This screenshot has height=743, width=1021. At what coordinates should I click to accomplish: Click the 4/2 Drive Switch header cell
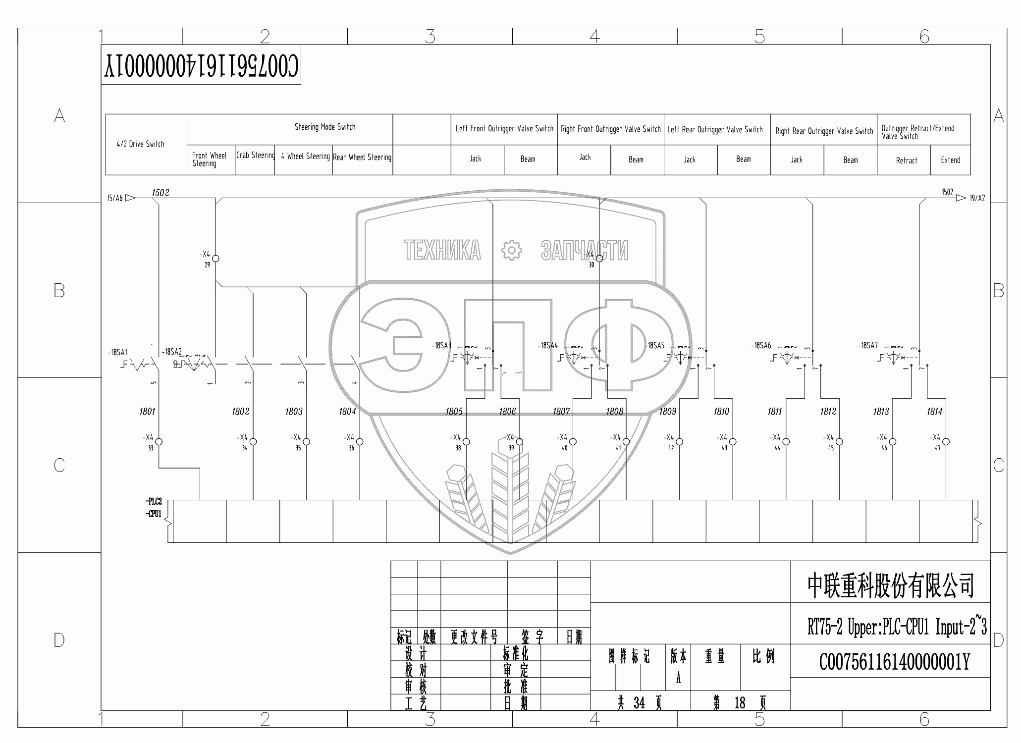click(141, 144)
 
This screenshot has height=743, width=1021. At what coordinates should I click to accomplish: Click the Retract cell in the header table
click(906, 160)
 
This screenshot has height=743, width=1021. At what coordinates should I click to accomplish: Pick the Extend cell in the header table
click(950, 160)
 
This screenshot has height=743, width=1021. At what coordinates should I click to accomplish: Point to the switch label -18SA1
click(118, 353)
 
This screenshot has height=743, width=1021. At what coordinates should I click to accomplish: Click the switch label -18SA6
click(761, 346)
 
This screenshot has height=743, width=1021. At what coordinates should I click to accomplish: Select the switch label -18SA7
click(867, 346)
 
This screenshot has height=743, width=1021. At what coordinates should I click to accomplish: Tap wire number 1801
click(147, 411)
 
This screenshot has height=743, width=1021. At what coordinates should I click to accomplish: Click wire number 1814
click(934, 411)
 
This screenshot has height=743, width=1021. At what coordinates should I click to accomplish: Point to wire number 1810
click(721, 411)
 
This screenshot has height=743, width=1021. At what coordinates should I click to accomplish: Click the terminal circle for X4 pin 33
click(159, 442)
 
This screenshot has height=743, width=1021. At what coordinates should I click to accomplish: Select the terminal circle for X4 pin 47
click(946, 442)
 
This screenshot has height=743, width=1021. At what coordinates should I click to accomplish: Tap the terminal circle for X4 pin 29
click(215, 258)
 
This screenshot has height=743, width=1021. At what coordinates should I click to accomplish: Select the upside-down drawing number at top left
click(201, 66)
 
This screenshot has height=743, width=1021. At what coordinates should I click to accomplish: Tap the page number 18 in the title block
click(740, 703)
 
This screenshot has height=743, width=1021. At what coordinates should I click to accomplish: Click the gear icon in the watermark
click(511, 250)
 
